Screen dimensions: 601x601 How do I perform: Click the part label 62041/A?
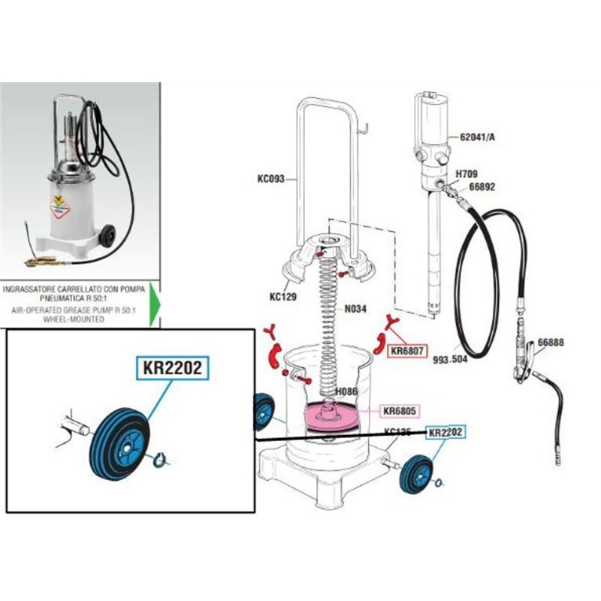(470, 137)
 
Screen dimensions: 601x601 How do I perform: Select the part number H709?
(468, 174)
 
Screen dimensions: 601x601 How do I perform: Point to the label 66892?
(485, 187)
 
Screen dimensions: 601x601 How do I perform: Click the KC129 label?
(283, 297)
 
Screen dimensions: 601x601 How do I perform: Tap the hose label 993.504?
(451, 359)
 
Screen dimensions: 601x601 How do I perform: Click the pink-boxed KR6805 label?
(400, 411)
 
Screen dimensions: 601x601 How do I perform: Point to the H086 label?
(346, 391)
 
